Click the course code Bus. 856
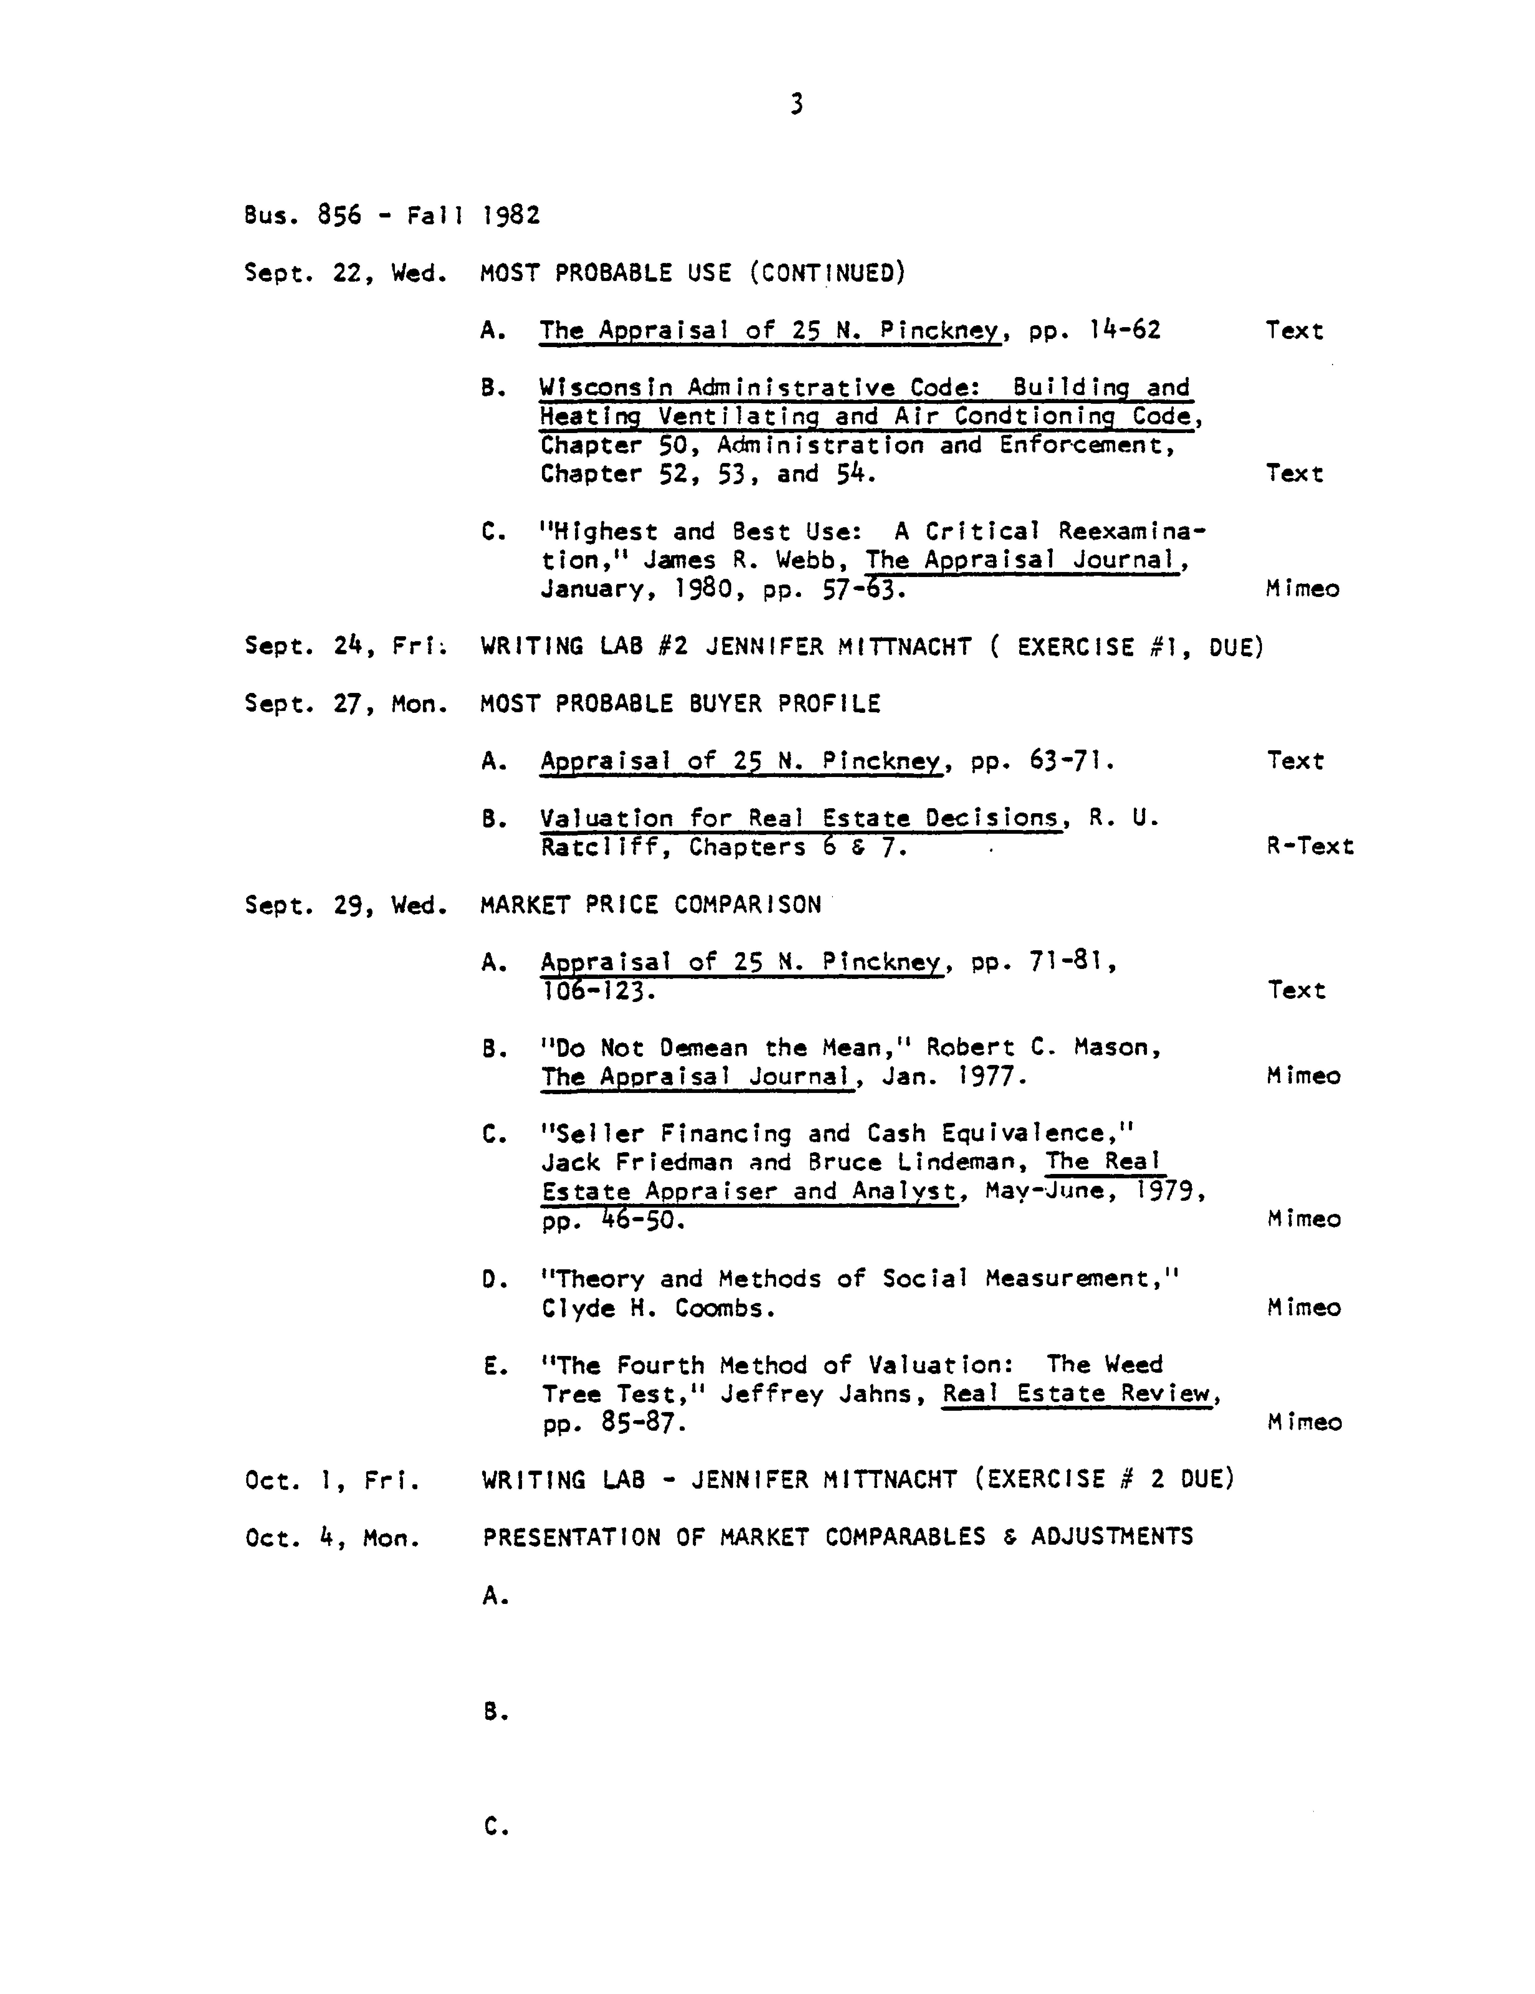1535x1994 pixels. [302, 216]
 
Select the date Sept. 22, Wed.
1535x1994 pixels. [344, 273]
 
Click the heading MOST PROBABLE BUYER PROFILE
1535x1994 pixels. [680, 704]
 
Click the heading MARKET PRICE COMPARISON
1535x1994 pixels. [650, 905]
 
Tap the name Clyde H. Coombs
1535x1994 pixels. [657, 1308]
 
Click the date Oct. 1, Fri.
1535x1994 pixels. [332, 1480]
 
